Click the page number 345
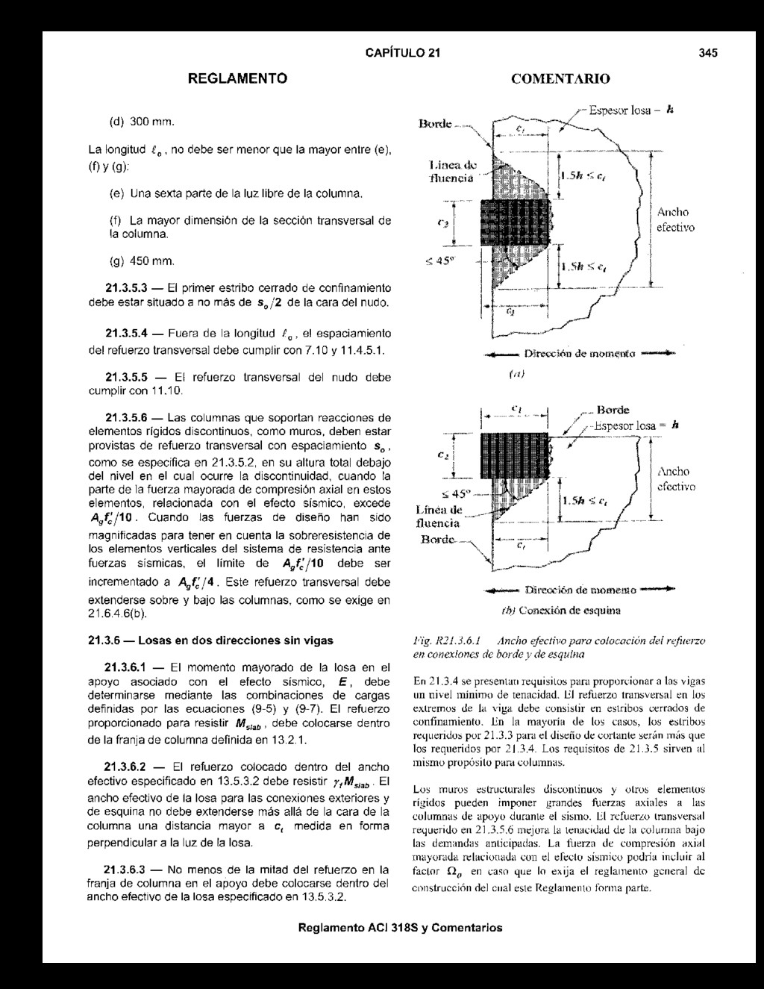coord(708,53)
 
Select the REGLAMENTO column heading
coord(237,78)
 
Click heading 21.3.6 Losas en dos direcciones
coord(210,640)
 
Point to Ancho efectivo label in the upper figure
coord(674,219)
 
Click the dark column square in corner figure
coord(515,455)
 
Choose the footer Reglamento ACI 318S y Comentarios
coord(400,928)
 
